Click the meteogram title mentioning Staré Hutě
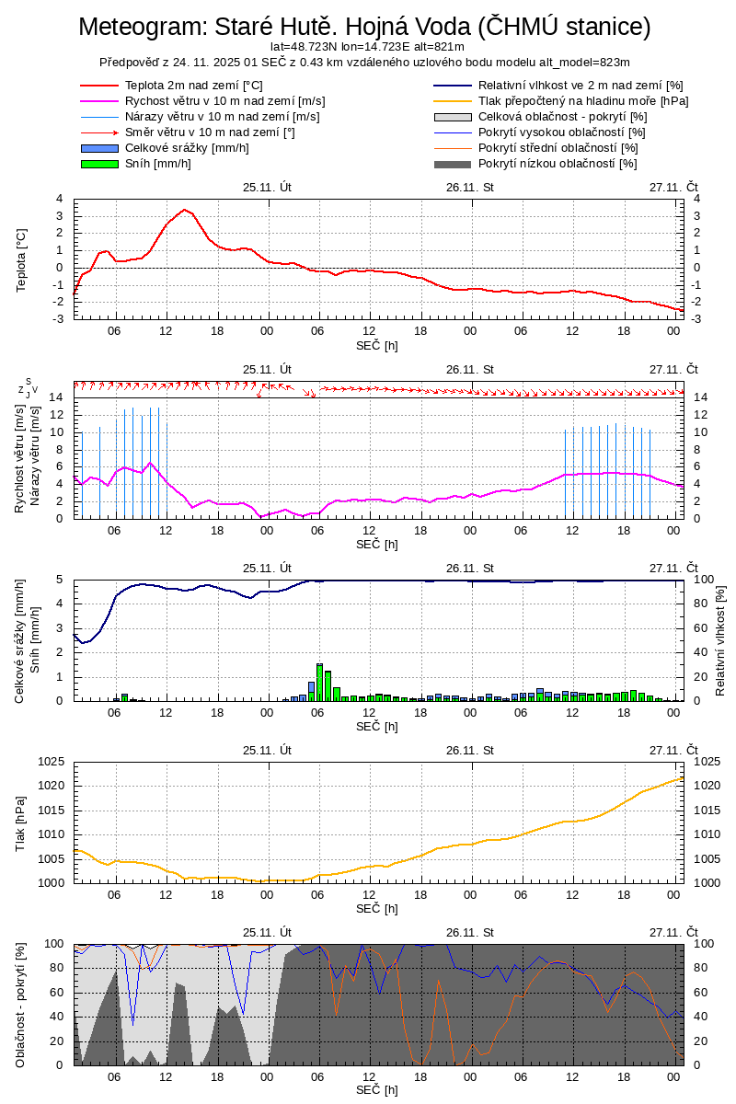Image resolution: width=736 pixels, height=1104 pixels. tap(364, 27)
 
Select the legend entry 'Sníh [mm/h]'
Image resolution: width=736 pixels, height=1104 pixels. tap(157, 164)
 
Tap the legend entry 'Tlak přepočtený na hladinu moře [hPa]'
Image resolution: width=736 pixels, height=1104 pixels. tap(583, 101)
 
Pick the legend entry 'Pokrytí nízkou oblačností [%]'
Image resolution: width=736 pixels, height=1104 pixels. tap(558, 164)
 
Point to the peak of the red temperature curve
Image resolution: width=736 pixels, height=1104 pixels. tap(185, 210)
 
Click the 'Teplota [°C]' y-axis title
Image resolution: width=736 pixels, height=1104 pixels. tap(21, 259)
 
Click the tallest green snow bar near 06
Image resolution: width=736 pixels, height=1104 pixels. tap(319, 682)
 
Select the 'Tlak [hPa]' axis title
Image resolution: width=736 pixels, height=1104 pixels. tap(21, 822)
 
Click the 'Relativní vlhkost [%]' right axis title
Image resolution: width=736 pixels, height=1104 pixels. tap(720, 639)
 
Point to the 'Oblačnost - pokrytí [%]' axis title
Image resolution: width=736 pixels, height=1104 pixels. tap(21, 1005)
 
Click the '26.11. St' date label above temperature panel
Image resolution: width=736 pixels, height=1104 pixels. tap(470, 187)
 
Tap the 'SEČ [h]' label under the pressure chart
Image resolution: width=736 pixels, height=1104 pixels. tap(377, 909)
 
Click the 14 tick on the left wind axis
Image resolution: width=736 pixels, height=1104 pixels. tap(55, 397)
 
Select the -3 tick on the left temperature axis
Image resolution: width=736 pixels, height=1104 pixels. tap(57, 318)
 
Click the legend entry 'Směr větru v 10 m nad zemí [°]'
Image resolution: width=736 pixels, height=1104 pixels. tap(210, 132)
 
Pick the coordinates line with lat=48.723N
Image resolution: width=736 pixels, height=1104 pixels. tap(366, 46)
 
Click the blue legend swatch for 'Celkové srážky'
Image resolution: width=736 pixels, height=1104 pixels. tap(100, 148)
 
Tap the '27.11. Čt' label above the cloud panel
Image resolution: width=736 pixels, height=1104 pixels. tap(673, 931)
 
